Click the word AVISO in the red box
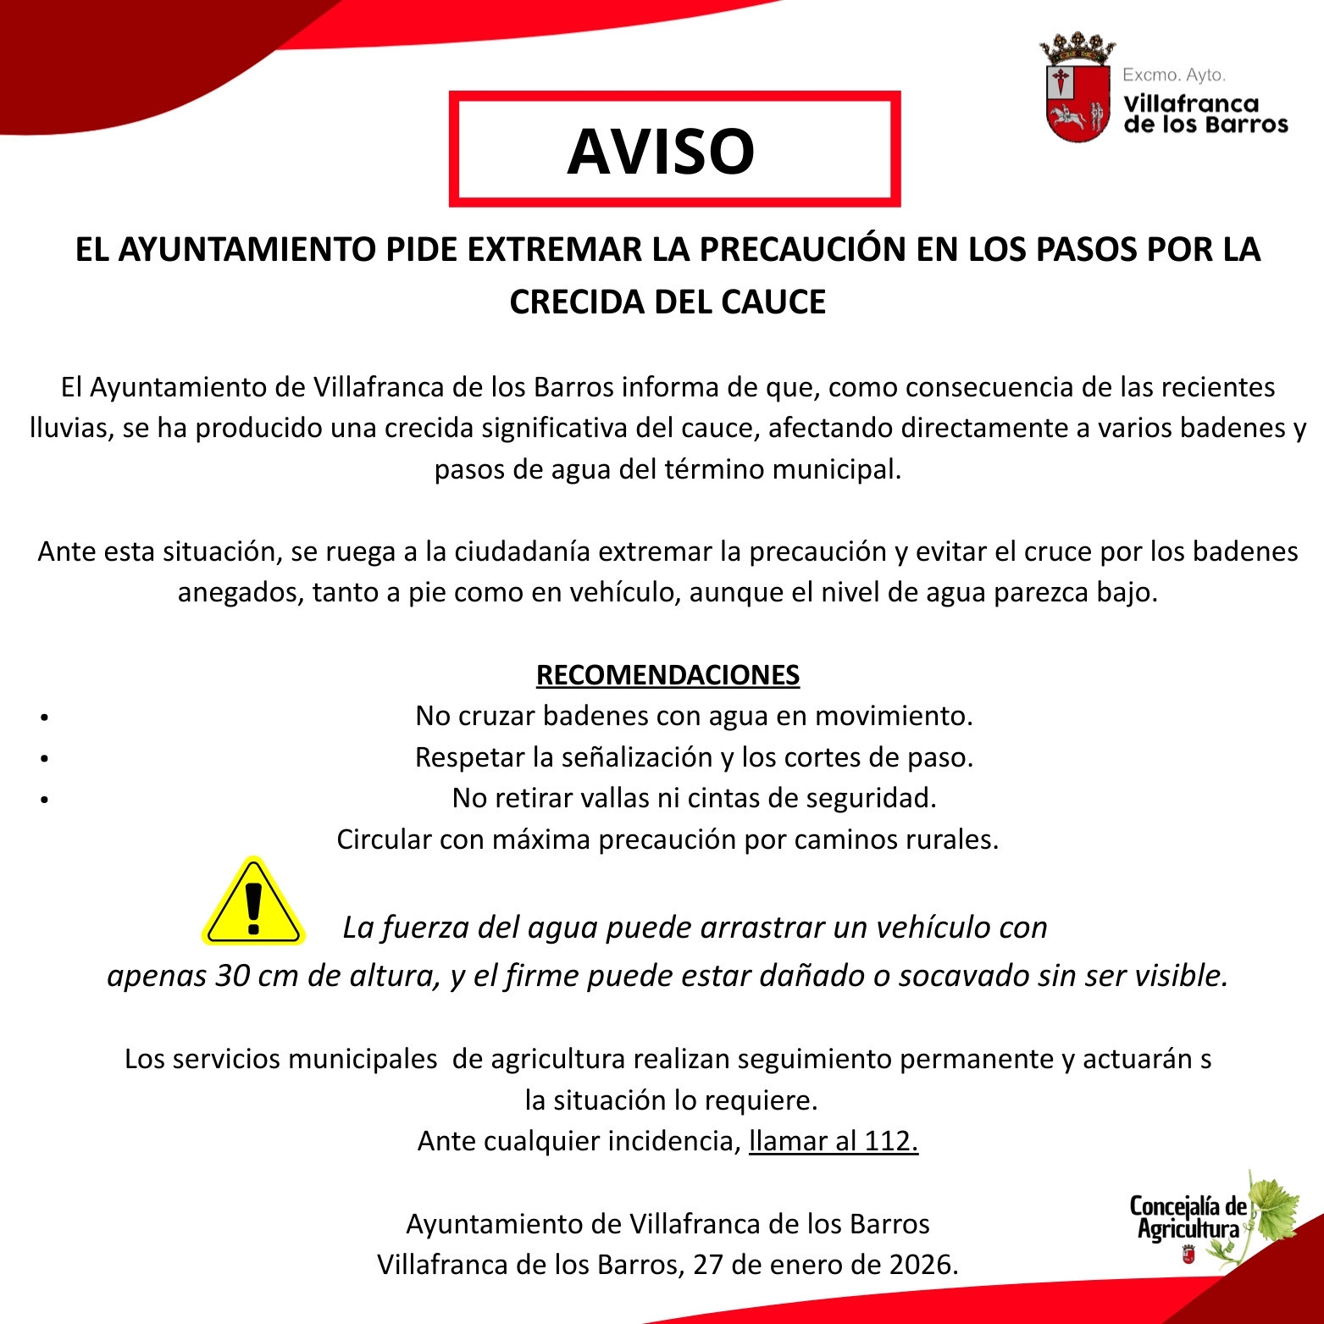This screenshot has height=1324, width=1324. (x=661, y=152)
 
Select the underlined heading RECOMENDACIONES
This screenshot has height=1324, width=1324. (x=668, y=675)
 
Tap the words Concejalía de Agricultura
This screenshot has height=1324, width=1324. (x=1188, y=1217)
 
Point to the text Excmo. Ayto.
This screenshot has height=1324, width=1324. (x=1173, y=75)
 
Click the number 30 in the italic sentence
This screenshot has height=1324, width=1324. (x=232, y=976)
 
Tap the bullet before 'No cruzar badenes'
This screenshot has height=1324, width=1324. (x=44, y=717)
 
